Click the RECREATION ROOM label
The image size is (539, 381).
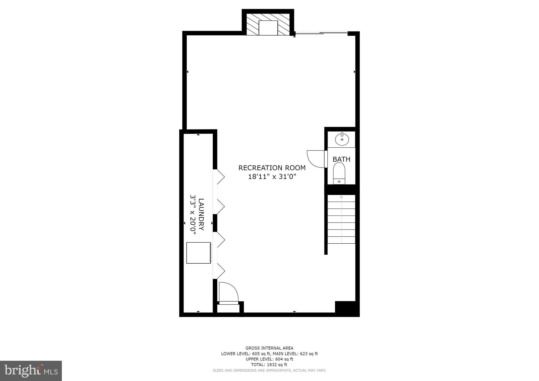point(272,168)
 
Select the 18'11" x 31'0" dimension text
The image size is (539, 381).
point(272,177)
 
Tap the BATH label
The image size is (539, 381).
point(341,159)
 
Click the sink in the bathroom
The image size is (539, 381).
point(342,139)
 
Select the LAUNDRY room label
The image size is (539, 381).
point(201,214)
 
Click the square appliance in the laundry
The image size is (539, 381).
point(198,253)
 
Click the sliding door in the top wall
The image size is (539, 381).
point(321,33)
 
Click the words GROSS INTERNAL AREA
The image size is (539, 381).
point(269,348)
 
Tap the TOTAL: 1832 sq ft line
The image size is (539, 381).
point(269,365)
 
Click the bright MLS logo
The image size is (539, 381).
point(31,371)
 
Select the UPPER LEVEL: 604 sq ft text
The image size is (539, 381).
point(269,359)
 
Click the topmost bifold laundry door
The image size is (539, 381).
point(219,177)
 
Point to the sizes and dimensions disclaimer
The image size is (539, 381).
point(269,370)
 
